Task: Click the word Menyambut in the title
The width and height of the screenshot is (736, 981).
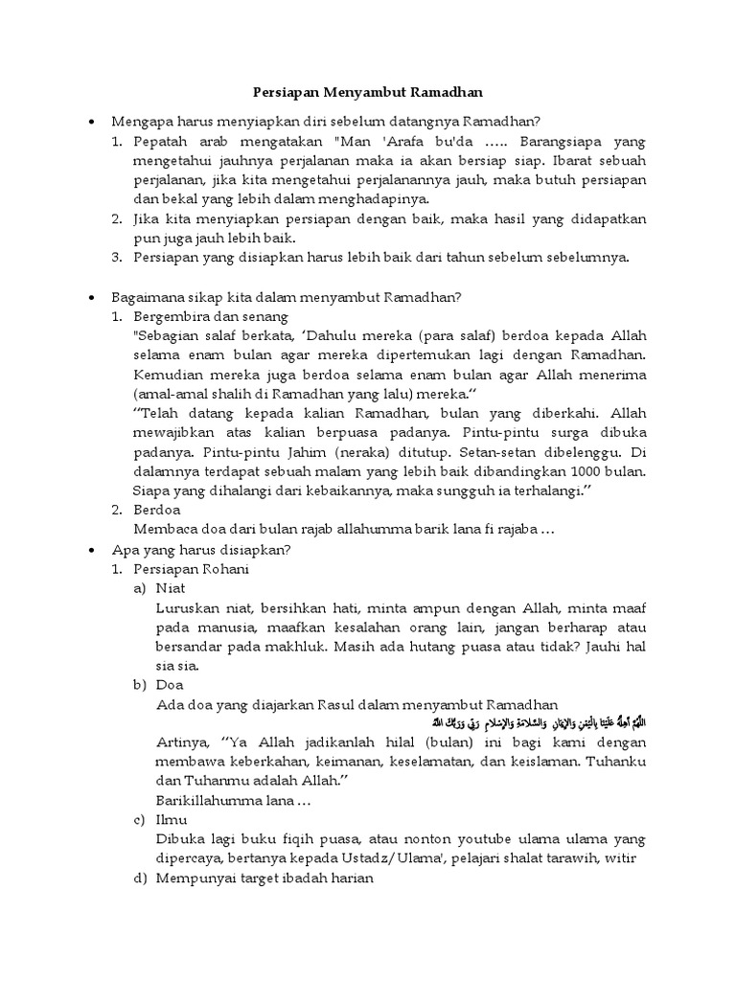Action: (x=369, y=93)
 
